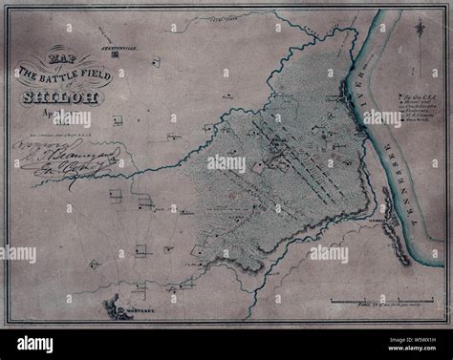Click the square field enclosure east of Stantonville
[x=154, y=62]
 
